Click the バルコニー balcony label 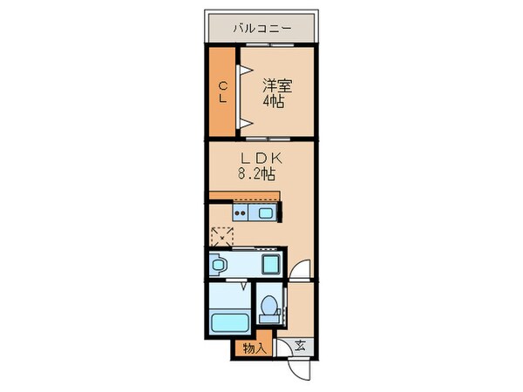(x=261, y=28)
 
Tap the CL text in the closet (x=223, y=91)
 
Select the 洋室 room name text (x=276, y=85)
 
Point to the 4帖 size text (x=276, y=101)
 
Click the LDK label (x=257, y=158)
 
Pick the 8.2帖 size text (x=257, y=173)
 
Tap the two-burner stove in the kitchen (x=241, y=213)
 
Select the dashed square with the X (x=222, y=236)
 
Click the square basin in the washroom (x=271, y=264)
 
